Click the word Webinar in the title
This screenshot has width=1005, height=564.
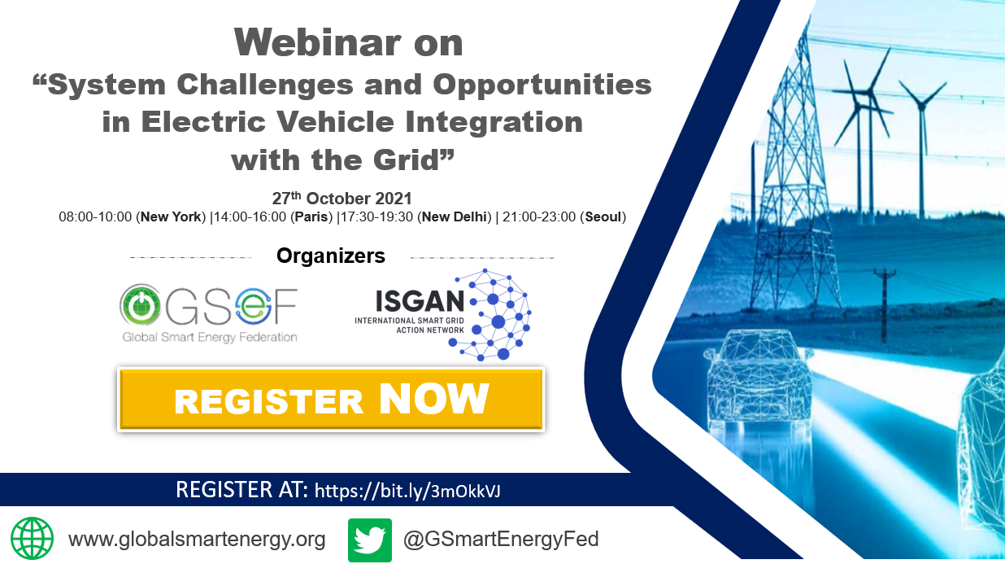point(317,42)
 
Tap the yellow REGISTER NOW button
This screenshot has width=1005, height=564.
point(331,400)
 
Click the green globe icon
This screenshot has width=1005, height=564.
point(32,539)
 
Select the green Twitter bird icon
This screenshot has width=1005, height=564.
point(370,540)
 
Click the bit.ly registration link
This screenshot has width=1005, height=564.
point(407,491)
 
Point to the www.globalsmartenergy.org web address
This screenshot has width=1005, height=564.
point(197,539)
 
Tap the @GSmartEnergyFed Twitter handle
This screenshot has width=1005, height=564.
point(501,539)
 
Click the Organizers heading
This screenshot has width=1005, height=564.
point(331,256)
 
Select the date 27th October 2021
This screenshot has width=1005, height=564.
point(342,198)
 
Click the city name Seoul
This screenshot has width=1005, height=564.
point(603,216)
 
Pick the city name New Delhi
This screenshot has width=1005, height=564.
point(455,216)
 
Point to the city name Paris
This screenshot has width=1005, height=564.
point(311,216)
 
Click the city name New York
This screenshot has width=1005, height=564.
point(171,216)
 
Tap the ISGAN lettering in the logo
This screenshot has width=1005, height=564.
point(420,301)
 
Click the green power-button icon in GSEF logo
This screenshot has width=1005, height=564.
point(140,305)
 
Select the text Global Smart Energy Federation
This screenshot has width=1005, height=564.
point(210,337)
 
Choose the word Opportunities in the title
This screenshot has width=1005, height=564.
point(542,85)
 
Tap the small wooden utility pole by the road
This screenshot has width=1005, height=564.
point(885,305)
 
